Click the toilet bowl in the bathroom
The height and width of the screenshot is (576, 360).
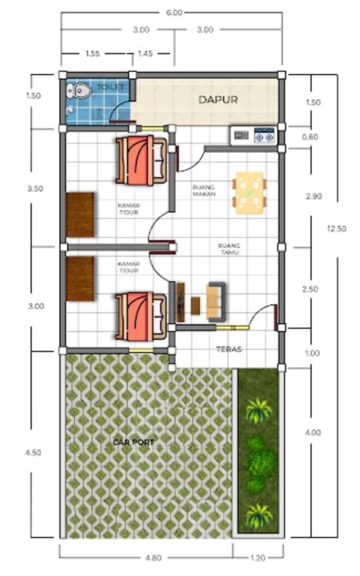coord(78,90)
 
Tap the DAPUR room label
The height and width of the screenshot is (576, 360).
coord(218,99)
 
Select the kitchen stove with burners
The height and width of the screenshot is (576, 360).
coord(265,135)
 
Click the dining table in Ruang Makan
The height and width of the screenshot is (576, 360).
coord(250,193)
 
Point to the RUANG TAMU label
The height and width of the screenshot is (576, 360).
coord(229,249)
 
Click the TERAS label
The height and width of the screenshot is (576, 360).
coord(229,349)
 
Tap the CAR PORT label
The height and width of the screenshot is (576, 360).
coord(134,442)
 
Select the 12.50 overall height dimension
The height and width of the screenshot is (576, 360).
coord(337,229)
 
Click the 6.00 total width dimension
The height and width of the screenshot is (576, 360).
coord(174,13)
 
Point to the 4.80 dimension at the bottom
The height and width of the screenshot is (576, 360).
coord(153,558)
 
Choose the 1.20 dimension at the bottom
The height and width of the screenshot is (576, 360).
coord(258,558)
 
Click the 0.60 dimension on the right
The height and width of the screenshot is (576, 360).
coord(310,137)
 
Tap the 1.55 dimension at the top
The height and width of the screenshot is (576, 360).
coord(93,54)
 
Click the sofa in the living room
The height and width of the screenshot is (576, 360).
coord(216,302)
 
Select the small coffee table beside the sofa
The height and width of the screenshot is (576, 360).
coord(195,306)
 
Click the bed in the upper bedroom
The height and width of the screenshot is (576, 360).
coord(141,160)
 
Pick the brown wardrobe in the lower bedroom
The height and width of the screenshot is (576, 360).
coord(80,278)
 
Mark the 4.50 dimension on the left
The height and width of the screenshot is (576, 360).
coord(33,453)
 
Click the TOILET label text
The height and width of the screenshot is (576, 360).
coord(110,87)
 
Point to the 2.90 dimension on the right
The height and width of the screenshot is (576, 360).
coord(314,196)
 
